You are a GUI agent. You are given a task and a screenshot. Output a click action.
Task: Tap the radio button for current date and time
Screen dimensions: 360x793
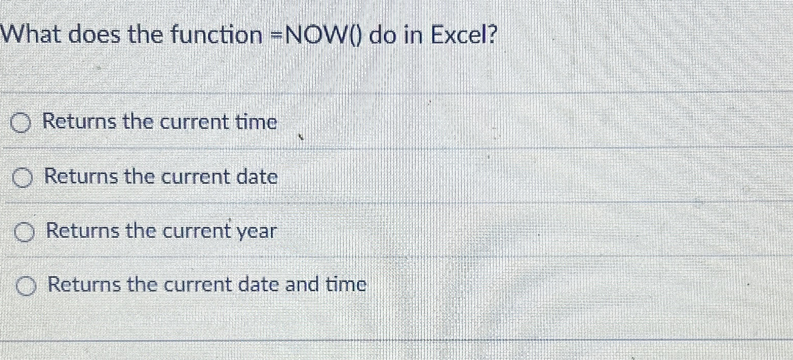point(27,286)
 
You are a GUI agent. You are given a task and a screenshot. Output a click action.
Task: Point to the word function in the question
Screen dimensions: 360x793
point(216,35)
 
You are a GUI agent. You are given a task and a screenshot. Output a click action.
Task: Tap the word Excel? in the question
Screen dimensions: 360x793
point(464,35)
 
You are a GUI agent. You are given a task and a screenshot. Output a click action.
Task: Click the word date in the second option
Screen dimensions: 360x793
point(256,177)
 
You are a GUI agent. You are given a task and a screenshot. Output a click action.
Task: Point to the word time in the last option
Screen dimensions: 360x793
point(346,284)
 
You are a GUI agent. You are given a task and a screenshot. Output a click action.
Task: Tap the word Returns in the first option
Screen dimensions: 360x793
point(79,122)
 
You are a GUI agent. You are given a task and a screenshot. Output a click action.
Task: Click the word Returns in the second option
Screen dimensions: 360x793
point(81,177)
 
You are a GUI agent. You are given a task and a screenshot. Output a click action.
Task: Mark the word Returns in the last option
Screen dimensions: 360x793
point(84,284)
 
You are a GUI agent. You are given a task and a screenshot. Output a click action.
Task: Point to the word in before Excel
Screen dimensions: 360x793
point(411,35)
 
